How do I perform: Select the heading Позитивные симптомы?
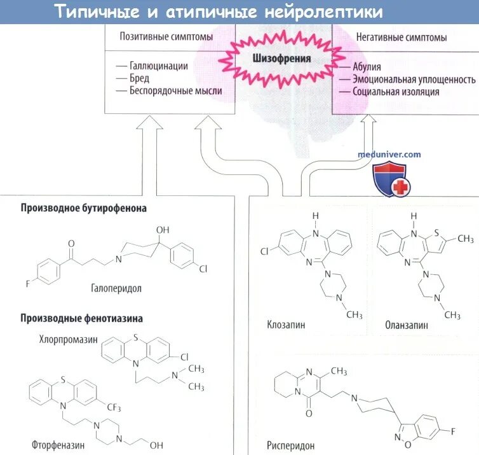click(x=166, y=37)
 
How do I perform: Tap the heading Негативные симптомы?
click(x=401, y=37)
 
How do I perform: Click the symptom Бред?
click(x=140, y=78)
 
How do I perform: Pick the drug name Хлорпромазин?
click(x=68, y=340)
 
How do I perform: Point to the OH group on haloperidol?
click(x=163, y=228)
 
